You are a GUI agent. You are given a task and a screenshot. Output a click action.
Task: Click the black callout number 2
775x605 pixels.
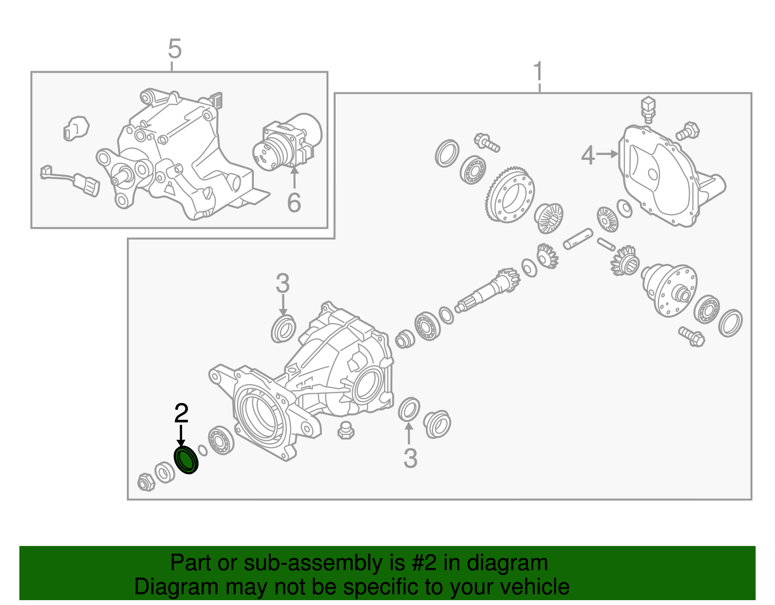[x=181, y=414]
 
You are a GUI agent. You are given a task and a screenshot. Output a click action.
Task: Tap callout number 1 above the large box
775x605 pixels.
[x=538, y=72]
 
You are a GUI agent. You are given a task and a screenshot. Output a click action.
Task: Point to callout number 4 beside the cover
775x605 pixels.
[x=588, y=155]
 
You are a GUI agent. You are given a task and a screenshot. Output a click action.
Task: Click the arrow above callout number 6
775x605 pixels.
[x=294, y=177]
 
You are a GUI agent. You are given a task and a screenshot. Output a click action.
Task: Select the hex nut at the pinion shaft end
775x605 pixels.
[x=146, y=482]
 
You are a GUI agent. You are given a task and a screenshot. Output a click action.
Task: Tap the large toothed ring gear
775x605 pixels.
[x=510, y=194]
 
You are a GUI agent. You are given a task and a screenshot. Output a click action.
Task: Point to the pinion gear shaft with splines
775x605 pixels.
[x=488, y=291]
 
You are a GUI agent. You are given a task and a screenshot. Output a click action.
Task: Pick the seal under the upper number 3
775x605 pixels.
[x=283, y=329]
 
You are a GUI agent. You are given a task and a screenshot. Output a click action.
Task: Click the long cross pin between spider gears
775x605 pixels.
[x=578, y=239]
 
